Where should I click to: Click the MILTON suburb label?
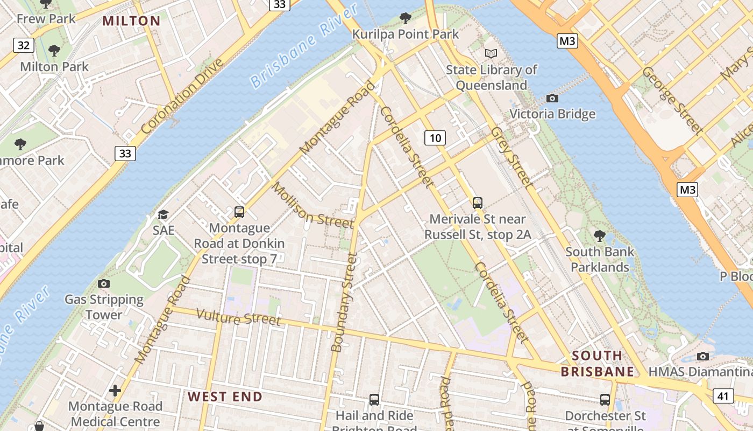click(x=131, y=21)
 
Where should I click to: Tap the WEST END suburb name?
click(x=225, y=397)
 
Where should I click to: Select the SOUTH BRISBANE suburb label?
click(x=597, y=364)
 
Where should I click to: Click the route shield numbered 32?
click(x=24, y=45)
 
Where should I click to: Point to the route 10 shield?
click(x=435, y=138)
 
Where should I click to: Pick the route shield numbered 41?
click(x=723, y=396)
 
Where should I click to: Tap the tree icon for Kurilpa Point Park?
click(x=406, y=19)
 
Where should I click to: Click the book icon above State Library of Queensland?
click(x=491, y=53)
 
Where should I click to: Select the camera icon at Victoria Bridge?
click(x=552, y=98)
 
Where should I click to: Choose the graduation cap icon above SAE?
click(x=163, y=214)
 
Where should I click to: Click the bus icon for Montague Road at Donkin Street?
click(x=239, y=212)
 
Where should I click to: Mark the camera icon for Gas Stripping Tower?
click(x=104, y=283)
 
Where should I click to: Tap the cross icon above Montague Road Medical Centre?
click(x=115, y=390)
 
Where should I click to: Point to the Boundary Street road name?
click(x=344, y=303)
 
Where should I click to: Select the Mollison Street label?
click(x=312, y=205)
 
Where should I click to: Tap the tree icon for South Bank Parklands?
click(x=599, y=235)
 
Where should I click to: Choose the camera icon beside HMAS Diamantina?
click(x=702, y=356)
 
